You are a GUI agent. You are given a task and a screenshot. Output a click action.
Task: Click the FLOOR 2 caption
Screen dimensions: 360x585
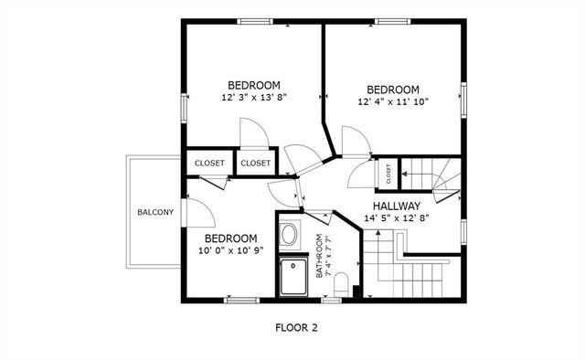point(296,326)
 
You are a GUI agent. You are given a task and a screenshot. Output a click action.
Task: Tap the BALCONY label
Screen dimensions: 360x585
point(155,212)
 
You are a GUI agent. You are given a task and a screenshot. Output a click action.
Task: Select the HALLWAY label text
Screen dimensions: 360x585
point(396,206)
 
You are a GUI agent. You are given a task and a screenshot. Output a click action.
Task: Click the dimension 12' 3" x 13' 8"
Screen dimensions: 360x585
point(254,96)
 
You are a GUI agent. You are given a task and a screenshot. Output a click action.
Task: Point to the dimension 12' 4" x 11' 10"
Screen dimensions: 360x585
point(393,101)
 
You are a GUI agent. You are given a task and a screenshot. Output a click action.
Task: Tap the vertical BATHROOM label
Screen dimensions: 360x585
point(320,257)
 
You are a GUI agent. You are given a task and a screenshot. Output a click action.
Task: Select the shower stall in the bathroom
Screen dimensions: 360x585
point(294,276)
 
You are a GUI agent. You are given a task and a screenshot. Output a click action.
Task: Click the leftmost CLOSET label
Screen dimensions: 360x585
point(209,164)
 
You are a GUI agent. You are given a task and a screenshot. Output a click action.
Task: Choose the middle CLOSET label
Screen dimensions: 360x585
point(256,164)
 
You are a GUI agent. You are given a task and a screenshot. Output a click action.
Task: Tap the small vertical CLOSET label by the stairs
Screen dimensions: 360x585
point(388,171)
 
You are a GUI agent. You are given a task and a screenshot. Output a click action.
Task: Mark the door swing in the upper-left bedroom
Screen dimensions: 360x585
point(254,134)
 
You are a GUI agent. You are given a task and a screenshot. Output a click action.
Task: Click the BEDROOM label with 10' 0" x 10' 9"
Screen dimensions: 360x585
point(224,238)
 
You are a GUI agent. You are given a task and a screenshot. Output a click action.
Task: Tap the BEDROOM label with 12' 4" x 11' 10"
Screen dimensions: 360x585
point(393,90)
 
